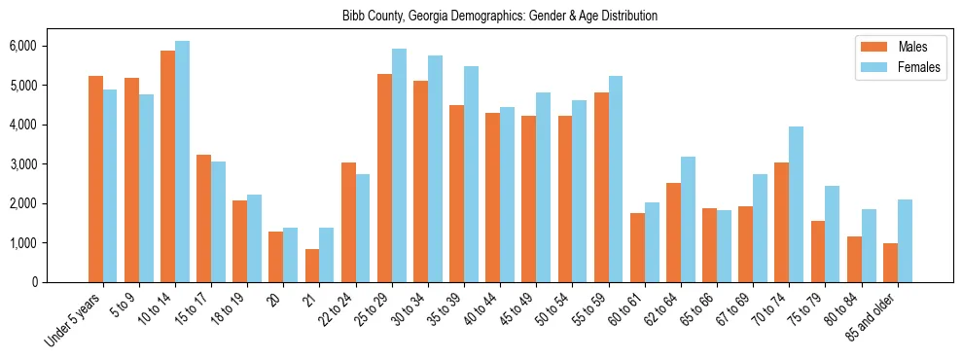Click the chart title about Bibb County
(x=500, y=17)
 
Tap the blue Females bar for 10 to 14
(x=182, y=162)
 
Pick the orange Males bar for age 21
(x=311, y=266)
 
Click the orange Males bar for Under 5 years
(x=95, y=179)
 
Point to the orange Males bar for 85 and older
(x=890, y=263)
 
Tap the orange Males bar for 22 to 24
(x=347, y=222)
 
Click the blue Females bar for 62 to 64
(x=688, y=219)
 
